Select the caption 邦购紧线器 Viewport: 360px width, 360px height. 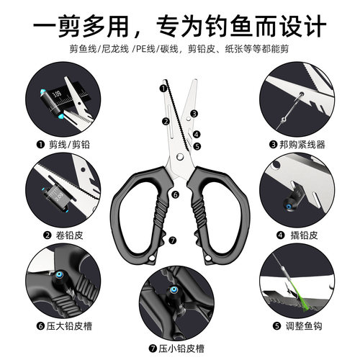click(301, 144)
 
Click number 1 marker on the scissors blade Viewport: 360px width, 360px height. click(163, 89)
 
